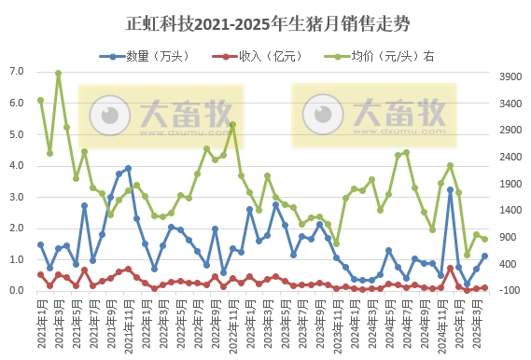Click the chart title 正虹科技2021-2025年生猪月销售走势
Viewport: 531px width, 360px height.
[x=267, y=21]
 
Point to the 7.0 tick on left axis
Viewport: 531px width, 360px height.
[x=17, y=72]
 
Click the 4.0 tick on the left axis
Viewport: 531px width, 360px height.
[x=17, y=166]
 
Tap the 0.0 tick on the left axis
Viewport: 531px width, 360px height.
[x=17, y=291]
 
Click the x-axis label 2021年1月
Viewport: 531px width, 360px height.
[x=41, y=325]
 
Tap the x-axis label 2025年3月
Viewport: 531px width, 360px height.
[x=476, y=325]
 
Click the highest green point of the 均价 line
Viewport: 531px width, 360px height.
[x=58, y=73]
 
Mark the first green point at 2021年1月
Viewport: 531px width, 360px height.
[x=40, y=100]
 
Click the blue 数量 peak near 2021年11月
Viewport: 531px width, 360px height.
[x=128, y=169]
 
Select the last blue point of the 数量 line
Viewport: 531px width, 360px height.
[x=484, y=256]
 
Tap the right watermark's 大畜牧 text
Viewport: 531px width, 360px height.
[x=401, y=115]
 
